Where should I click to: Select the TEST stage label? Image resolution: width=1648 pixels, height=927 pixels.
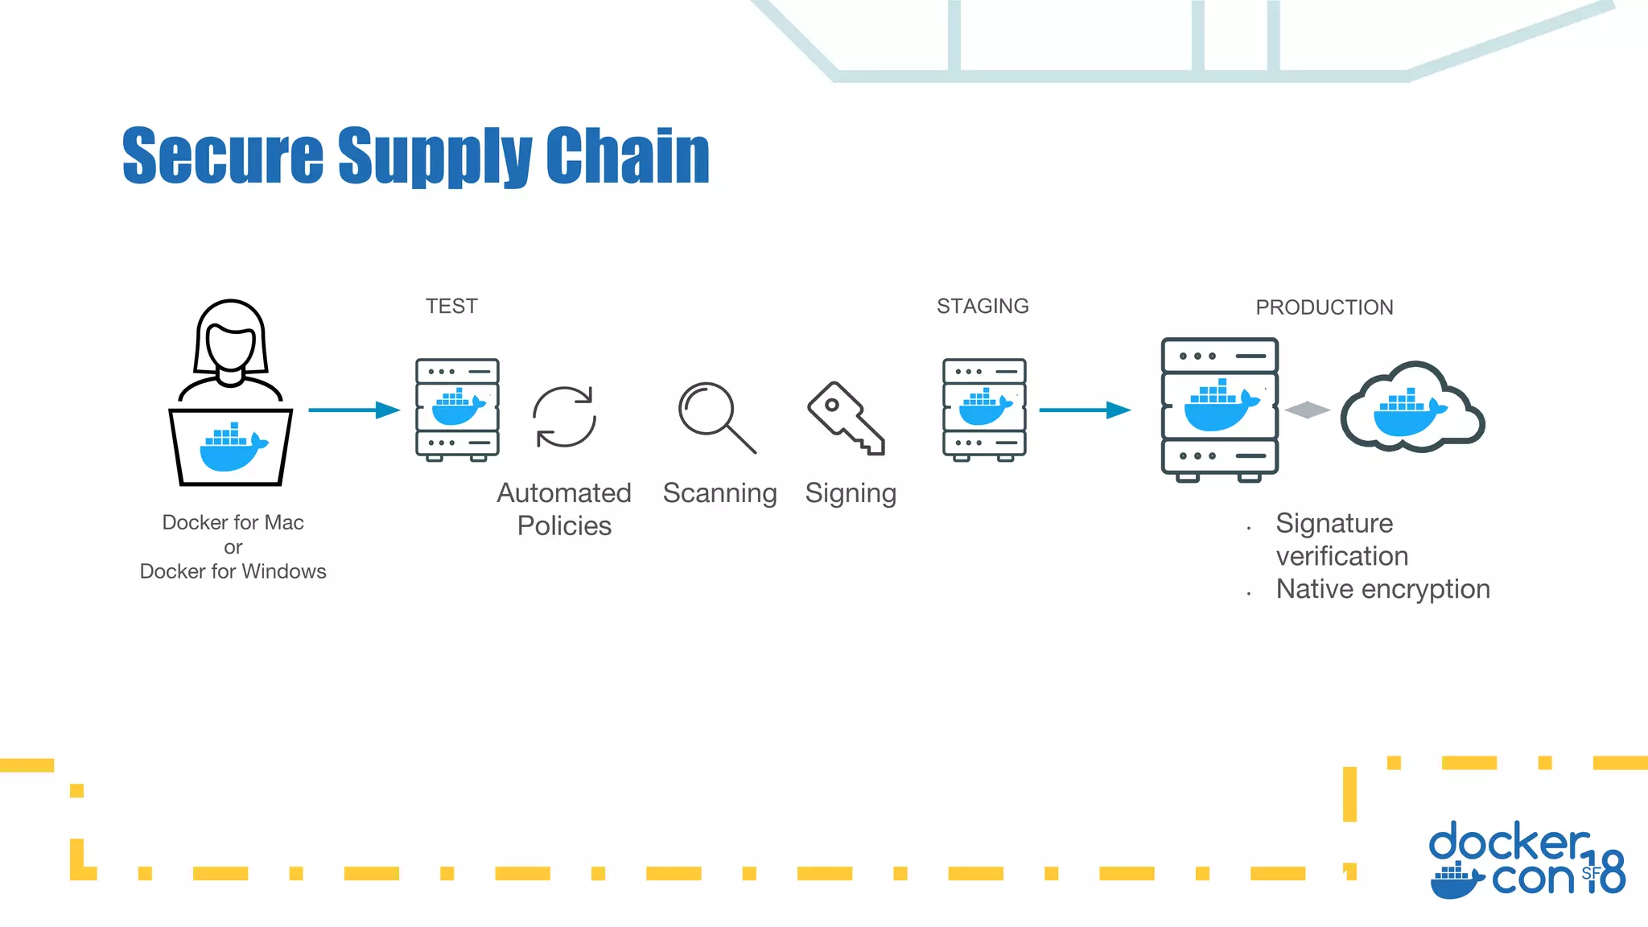point(451,307)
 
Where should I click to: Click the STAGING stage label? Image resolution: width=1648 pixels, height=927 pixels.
point(983,307)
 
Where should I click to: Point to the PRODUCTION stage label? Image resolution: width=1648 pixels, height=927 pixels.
point(1324,307)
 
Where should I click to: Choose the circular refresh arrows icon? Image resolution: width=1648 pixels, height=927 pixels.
point(564,417)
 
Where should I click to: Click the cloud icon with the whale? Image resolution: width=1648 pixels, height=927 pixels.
point(1412,408)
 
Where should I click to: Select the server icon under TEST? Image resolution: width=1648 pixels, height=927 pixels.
point(457,410)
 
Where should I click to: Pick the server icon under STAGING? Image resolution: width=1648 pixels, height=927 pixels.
point(984,410)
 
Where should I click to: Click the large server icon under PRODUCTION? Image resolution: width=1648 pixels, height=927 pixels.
point(1220,409)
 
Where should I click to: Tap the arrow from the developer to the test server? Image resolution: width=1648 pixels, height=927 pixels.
point(354,410)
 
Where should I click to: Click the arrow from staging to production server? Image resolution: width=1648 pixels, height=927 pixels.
point(1085,410)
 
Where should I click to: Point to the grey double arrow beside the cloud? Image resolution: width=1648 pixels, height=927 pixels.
point(1308,410)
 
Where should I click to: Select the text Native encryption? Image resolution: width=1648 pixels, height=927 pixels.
point(1382,589)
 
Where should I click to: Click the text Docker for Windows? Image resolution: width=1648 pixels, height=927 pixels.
point(233,571)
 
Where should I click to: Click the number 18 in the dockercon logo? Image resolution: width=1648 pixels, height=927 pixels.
point(1606,872)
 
